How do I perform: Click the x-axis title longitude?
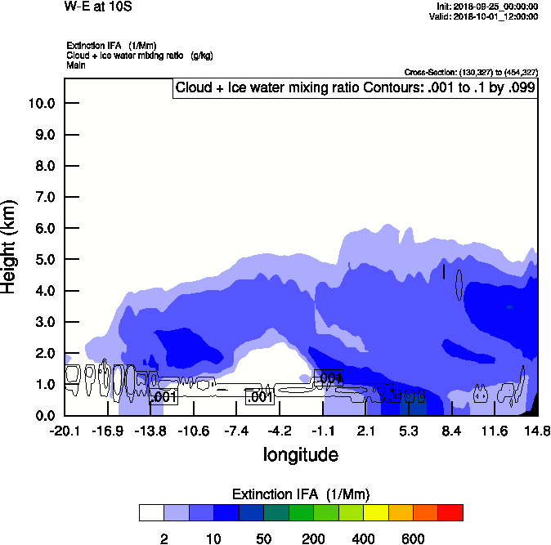click(x=300, y=454)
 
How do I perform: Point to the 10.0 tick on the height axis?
click(x=41, y=104)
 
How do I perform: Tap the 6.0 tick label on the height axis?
click(x=45, y=228)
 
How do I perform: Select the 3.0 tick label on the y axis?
click(x=45, y=322)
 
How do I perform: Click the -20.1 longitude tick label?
click(x=65, y=431)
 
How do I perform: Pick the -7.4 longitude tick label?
click(x=236, y=431)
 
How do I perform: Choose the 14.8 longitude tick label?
click(x=537, y=431)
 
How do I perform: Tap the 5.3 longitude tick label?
click(x=409, y=431)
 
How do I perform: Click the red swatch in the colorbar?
click(x=450, y=513)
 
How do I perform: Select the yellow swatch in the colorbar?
click(x=375, y=513)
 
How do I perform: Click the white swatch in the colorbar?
click(x=151, y=513)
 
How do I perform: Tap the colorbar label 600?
click(x=413, y=538)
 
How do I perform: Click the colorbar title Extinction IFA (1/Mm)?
click(x=301, y=494)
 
